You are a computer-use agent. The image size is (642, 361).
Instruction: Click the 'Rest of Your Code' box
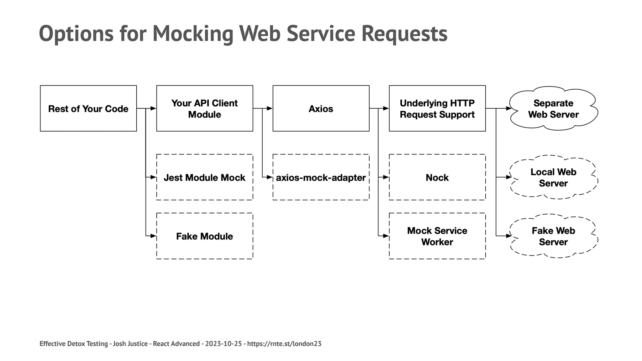(88, 108)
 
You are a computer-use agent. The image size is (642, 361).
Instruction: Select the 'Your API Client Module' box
(204, 108)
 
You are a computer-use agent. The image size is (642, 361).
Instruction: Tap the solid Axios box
(321, 108)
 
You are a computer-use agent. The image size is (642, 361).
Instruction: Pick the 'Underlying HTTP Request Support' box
(437, 108)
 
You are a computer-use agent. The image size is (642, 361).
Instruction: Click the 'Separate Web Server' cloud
(553, 108)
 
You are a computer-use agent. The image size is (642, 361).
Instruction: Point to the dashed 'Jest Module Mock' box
(204, 177)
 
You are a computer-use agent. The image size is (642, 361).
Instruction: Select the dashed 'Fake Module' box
(204, 236)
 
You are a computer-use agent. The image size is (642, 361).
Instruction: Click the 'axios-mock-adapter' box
(321, 177)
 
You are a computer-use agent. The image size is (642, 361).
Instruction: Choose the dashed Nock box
(437, 177)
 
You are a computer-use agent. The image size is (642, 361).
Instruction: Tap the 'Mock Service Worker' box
(437, 236)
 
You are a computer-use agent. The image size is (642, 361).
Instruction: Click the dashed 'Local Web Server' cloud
(553, 177)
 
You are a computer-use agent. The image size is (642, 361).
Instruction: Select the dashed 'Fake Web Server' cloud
(553, 236)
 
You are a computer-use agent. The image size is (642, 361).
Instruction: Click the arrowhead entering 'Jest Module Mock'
(153, 177)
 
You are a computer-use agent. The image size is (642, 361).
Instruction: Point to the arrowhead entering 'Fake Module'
(153, 236)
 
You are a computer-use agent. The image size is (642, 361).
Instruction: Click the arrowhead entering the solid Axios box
(270, 108)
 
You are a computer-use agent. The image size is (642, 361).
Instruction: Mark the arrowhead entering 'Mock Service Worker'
(386, 236)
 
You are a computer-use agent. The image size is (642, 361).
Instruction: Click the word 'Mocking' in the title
(193, 34)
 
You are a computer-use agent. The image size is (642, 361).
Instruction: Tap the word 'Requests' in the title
(404, 34)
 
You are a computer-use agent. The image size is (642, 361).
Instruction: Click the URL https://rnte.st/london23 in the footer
(284, 344)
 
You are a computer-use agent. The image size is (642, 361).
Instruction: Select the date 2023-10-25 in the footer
(224, 344)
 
